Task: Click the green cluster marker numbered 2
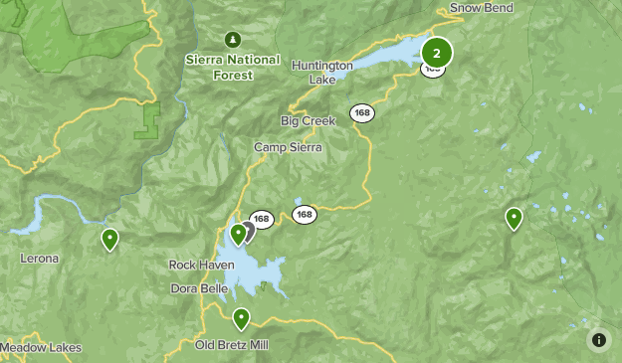coord(436,53)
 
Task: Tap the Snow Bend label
coord(482,8)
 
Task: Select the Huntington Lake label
coord(321,72)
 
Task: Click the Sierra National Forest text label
coord(233,66)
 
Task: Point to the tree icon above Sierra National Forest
coord(233,40)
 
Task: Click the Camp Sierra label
coord(288,146)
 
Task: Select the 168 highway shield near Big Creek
coord(361,113)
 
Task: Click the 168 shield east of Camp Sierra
coord(305,214)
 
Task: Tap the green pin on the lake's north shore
coord(238,234)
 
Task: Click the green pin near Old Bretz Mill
coord(241,318)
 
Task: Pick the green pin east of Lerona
coord(109,239)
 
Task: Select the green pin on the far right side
coord(514,218)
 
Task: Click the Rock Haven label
coord(201,266)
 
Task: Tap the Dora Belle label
coord(199,288)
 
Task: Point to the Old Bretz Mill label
coord(231,345)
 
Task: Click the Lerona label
coord(40,259)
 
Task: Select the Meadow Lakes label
coord(42,348)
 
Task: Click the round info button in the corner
coord(599,340)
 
